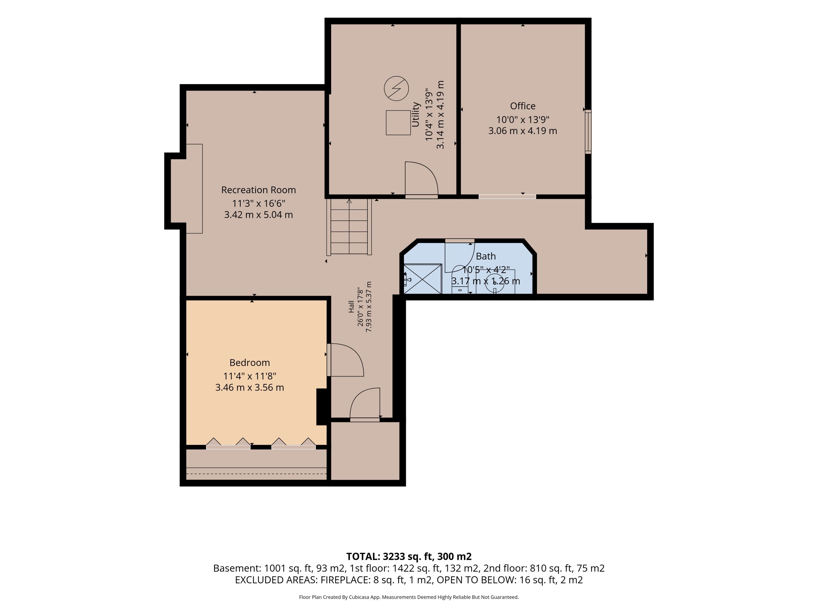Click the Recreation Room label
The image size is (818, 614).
[258, 190]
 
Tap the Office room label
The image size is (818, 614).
[523, 106]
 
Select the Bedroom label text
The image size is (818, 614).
[250, 362]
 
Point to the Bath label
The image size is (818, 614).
[485, 256]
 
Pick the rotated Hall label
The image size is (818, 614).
[351, 306]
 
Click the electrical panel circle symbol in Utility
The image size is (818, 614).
[396, 88]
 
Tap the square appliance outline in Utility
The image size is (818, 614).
[398, 123]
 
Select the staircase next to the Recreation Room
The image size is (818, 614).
[349, 227]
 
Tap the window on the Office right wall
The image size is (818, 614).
[588, 132]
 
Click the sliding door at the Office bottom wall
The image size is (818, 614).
[507, 197]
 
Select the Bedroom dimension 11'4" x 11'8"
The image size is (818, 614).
[250, 376]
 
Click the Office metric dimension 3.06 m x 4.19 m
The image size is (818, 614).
[523, 131]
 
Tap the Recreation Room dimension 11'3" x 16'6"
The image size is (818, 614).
[258, 203]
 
